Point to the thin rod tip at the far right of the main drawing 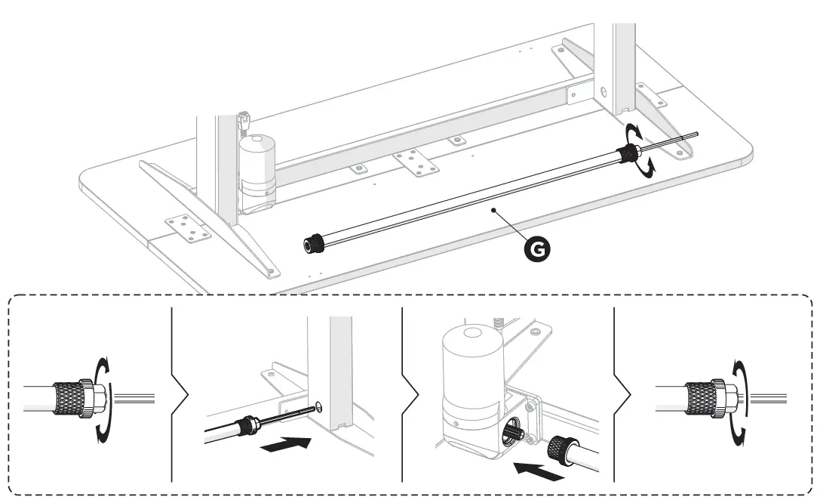(696, 135)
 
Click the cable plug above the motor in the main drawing (244, 120)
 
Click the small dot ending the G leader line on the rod (491, 211)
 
